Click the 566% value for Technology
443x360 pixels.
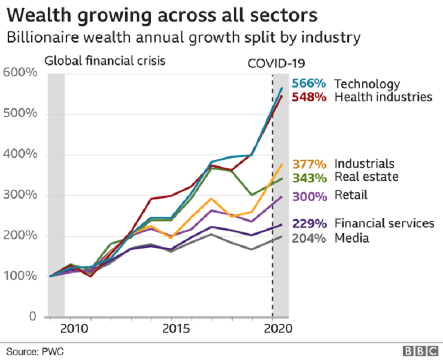[309, 84]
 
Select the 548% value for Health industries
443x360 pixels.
[309, 96]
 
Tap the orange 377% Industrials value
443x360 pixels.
[309, 164]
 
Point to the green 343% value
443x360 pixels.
[309, 177]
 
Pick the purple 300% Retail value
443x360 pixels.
[309, 195]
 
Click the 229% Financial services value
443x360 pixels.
[309, 223]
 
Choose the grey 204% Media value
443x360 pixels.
[309, 238]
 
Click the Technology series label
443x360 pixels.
[366, 84]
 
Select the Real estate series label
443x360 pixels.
[366, 177]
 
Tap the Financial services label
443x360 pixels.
[384, 223]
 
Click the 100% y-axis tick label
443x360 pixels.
[21, 276]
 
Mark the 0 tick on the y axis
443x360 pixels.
[33, 317]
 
